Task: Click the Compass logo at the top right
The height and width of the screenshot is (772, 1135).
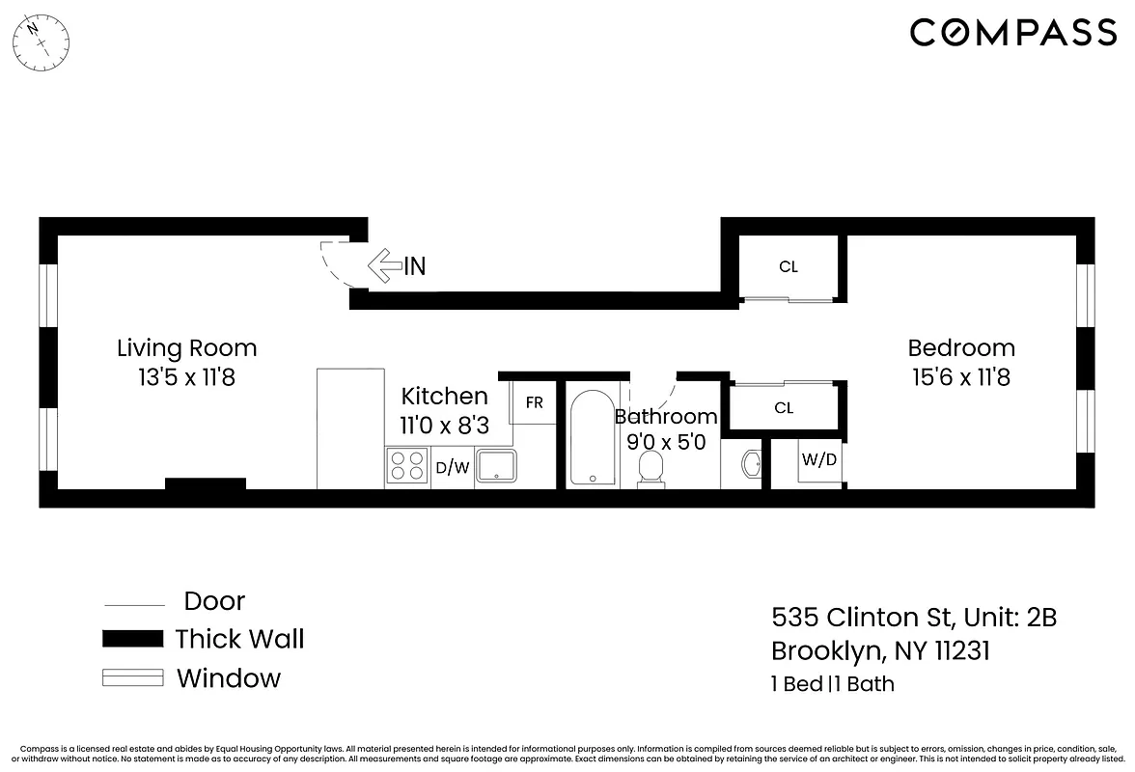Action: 1013,33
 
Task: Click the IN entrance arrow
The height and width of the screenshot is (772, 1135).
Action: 385,265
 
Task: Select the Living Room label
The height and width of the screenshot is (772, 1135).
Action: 186,347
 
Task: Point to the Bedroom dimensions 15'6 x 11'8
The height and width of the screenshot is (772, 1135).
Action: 960,377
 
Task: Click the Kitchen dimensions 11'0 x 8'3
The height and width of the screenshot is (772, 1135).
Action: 445,425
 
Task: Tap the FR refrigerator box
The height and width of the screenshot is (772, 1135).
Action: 534,403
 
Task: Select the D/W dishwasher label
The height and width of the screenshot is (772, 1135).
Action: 452,469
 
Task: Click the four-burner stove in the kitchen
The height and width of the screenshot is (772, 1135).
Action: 407,467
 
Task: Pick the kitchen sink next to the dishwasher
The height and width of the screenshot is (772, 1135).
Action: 498,467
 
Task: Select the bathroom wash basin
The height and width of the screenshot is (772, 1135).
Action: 751,466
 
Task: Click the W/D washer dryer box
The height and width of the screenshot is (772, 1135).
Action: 819,460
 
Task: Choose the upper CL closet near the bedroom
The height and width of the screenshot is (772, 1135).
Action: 789,267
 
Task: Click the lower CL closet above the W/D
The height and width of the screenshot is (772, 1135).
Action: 784,408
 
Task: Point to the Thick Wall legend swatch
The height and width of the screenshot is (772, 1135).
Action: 133,639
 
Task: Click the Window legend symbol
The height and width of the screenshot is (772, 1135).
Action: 133,678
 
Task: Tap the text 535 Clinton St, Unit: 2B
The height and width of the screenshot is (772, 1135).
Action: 913,617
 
